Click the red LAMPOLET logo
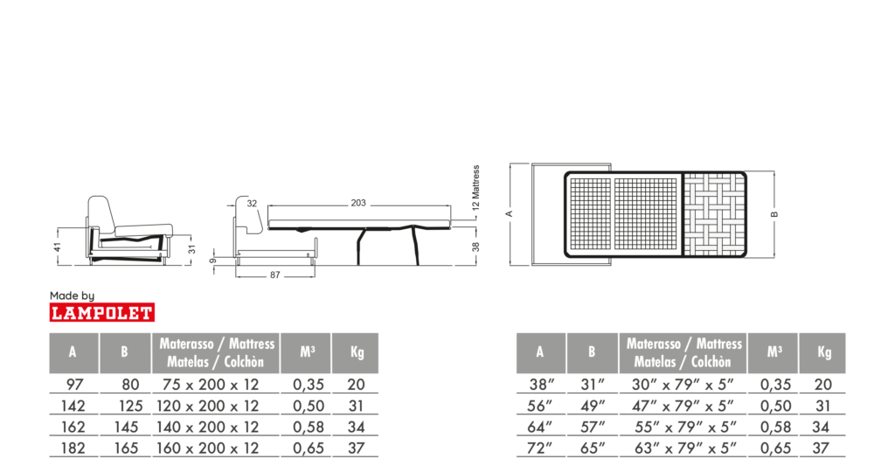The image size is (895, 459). (x=102, y=312)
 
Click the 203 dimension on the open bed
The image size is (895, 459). (x=358, y=203)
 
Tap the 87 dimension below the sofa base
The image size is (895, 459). (x=275, y=275)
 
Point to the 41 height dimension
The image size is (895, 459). (x=57, y=247)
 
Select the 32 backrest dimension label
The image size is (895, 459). (x=253, y=203)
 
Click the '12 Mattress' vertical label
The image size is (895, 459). (x=476, y=188)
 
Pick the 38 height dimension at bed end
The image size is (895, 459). (x=476, y=247)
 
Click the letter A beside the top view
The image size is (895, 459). (x=510, y=214)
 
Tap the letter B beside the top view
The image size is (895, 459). (x=774, y=214)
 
